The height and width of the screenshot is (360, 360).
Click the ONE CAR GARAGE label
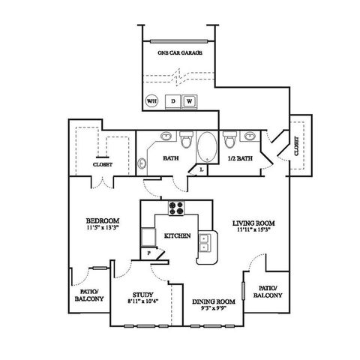tap(178, 54)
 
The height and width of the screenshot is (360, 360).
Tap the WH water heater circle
tap(151, 100)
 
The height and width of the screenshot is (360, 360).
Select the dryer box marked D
tap(172, 100)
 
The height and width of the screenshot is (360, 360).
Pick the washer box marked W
tap(190, 100)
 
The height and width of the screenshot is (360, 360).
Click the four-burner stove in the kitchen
tap(177, 209)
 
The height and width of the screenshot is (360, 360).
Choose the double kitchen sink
tap(203, 242)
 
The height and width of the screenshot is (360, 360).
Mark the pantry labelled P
tap(148, 253)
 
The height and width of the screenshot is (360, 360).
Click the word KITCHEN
tap(177, 235)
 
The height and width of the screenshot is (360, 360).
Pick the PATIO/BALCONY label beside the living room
tap(269, 292)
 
